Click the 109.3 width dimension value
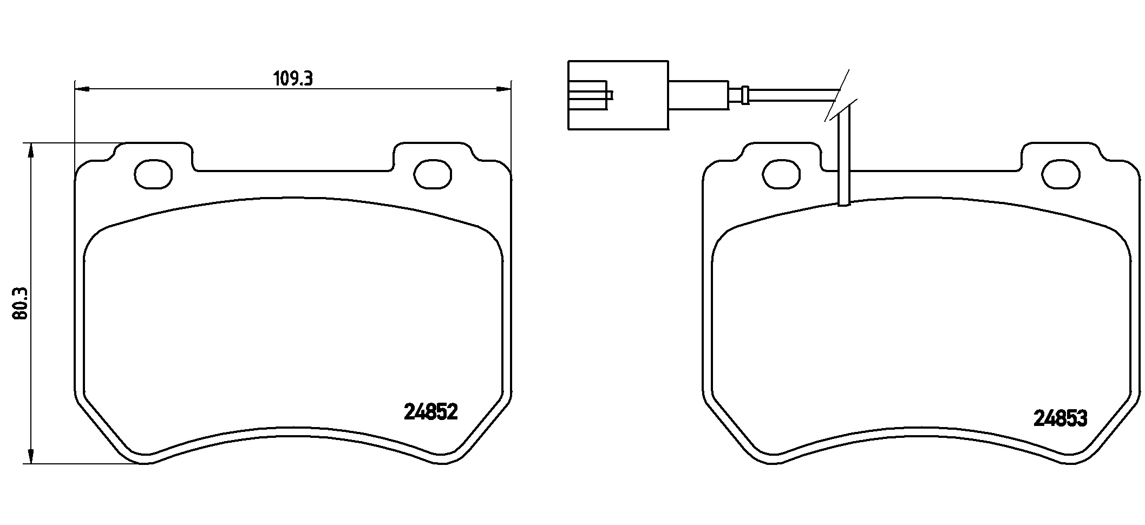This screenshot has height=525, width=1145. tap(293, 79)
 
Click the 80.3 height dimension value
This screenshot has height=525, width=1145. tap(21, 304)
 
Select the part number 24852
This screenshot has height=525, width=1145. tap(431, 412)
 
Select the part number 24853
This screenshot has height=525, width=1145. tap(1060, 419)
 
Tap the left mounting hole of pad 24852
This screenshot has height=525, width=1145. tap(153, 174)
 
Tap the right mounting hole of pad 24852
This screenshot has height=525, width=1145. tap(433, 174)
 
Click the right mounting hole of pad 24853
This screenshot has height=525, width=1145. tap(1061, 175)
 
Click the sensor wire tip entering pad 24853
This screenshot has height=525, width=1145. tap(844, 201)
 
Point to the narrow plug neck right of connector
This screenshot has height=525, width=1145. tap(698, 95)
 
